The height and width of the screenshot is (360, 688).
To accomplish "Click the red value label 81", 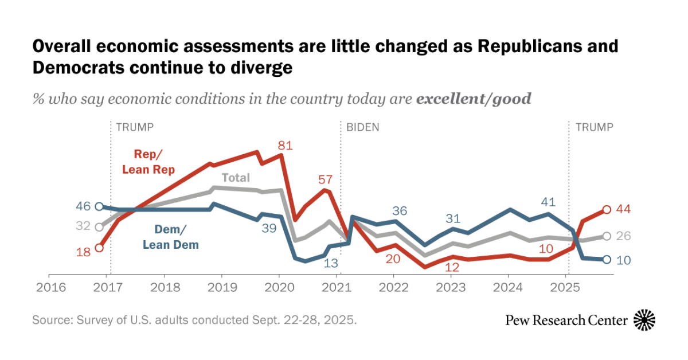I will point(285,146).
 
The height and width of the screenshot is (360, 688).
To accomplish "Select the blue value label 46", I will point(84,206).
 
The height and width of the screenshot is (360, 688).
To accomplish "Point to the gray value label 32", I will point(84,226).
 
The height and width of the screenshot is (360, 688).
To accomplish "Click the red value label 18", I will point(84,252).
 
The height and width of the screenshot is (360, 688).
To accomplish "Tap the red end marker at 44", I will point(606,210).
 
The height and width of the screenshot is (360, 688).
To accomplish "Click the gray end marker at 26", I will point(606,236).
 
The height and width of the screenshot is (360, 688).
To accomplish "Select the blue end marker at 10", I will point(606,260).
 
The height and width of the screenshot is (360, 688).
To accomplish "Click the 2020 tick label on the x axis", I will point(279,286).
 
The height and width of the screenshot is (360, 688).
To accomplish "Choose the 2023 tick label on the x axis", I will point(451,286).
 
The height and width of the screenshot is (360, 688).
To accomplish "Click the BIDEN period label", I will point(362,127).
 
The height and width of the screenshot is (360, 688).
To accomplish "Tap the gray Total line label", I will point(236,178).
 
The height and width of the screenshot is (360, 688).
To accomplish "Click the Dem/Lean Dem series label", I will point(170,237).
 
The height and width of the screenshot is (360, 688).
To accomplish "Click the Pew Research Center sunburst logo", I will point(645,319).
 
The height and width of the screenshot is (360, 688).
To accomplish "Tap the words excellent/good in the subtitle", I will point(474,99).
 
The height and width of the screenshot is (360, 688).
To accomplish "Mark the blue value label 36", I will point(400,210).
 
